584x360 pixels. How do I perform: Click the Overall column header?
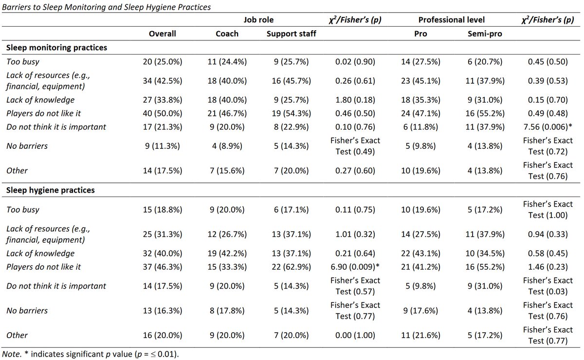pos(162,34)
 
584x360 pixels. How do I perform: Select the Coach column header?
pos(227,34)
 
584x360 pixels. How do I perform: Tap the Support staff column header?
pos(291,34)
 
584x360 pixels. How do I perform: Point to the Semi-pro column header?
pos(485,34)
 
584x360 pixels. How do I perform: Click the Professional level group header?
pos(451,20)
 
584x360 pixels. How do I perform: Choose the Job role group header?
pos(258,20)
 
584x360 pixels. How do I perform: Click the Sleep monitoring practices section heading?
pos(56,48)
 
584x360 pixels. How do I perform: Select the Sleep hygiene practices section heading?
pos(50,190)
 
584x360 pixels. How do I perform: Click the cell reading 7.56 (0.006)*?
pos(548,127)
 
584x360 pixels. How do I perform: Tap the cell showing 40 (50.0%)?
pos(163,113)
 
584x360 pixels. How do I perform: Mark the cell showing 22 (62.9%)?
pos(291,267)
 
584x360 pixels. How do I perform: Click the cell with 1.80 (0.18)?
pos(355,100)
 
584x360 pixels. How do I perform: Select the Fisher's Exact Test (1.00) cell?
pos(548,210)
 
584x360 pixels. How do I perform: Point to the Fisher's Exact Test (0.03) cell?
pos(548,286)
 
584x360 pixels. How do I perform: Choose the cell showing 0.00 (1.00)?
pos(355,335)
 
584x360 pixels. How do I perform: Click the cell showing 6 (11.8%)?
pos(420,127)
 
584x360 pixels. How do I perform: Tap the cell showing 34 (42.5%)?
pos(163,81)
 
